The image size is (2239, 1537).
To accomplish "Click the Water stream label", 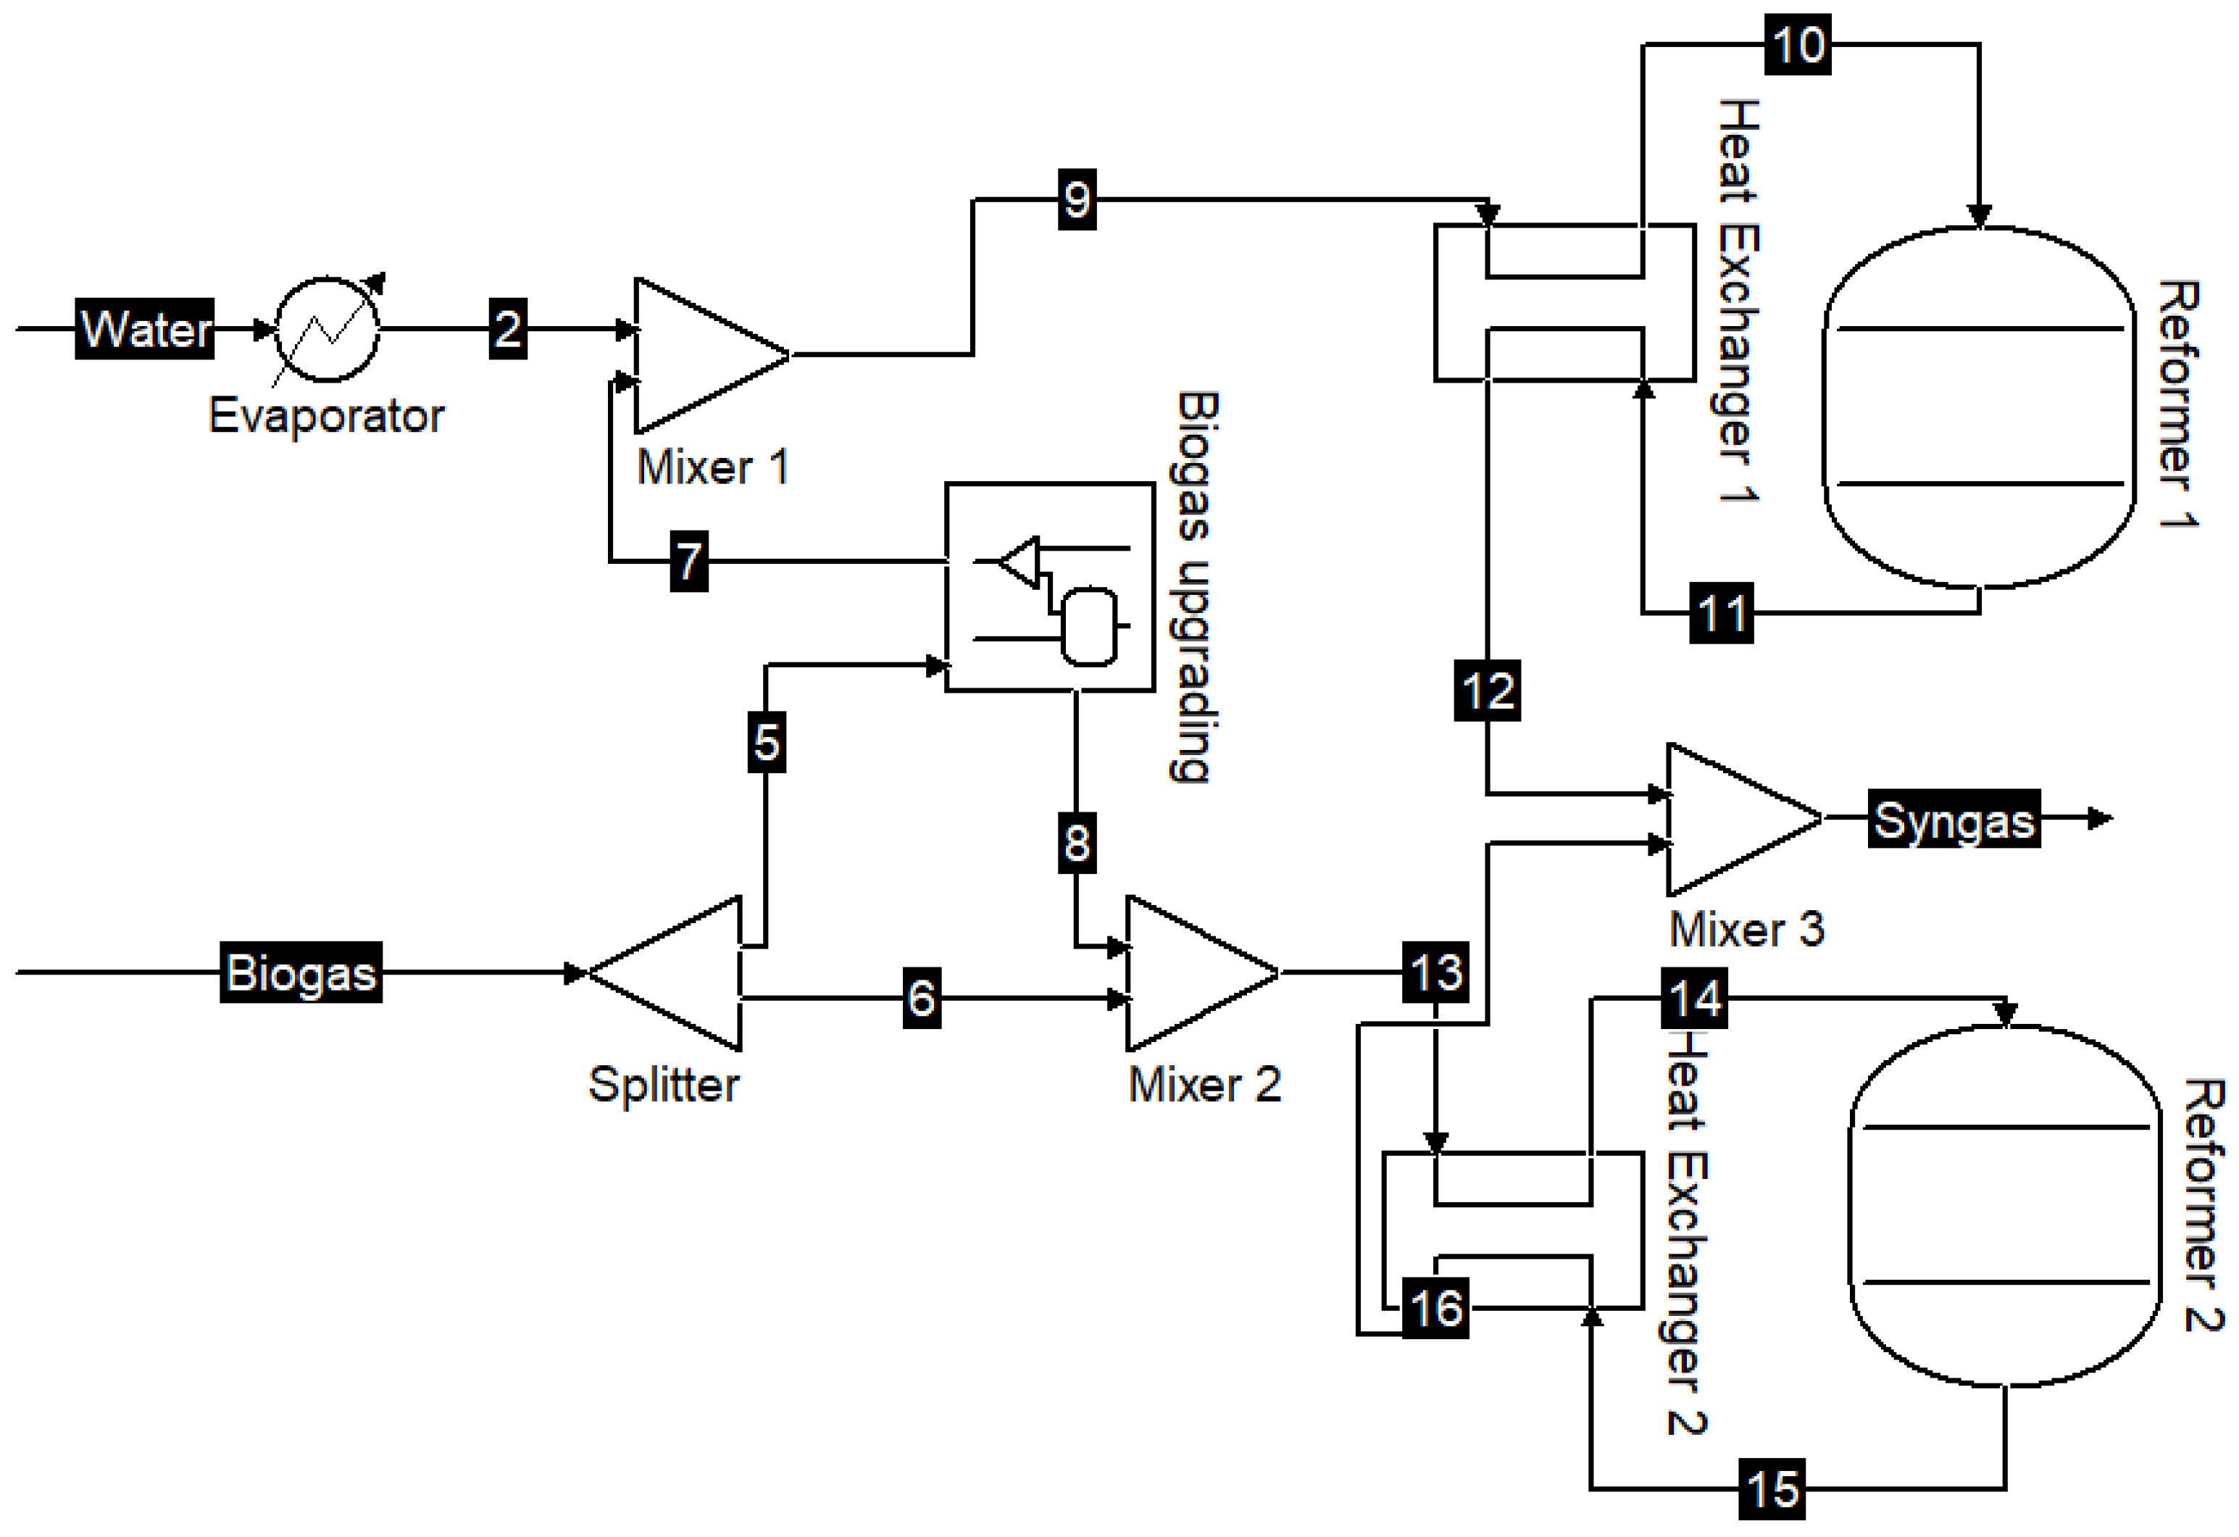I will click(144, 328).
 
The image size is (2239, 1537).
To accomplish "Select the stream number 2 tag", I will click(508, 328).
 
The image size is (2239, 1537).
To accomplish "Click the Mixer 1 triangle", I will click(699, 356).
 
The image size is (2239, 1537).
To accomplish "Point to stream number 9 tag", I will click(1077, 199).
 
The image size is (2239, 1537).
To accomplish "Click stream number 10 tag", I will click(1798, 44).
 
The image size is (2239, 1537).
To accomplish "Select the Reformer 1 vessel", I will click(1979, 407).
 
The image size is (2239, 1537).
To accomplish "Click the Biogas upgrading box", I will click(1049, 587).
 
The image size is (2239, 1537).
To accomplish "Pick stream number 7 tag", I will click(689, 561).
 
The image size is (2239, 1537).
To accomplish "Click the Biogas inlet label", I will click(301, 972).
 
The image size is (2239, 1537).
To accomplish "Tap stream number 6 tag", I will click(921, 997).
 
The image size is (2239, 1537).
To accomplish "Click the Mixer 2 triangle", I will click(1190, 973).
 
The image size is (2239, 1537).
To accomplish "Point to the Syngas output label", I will click(1954, 819).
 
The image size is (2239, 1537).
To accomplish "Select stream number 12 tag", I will click(1488, 690).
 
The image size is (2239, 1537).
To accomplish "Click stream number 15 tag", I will click(1772, 1490).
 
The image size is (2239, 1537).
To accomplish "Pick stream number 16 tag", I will click(1435, 1308).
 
